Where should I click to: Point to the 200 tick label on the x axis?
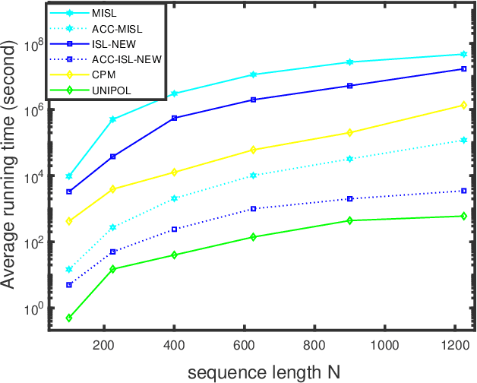click(x=103, y=344)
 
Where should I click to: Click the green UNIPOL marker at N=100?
click(x=68, y=318)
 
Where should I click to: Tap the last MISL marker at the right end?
click(x=463, y=54)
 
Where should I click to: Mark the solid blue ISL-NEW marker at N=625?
click(x=254, y=100)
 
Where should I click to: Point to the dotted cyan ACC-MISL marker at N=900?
click(x=350, y=158)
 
